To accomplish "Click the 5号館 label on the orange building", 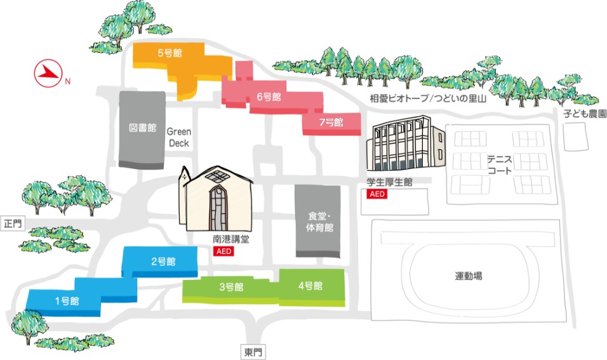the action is (169, 53).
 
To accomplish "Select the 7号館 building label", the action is (331, 121).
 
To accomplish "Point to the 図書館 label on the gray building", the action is (142, 128).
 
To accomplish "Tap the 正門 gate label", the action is (12, 223).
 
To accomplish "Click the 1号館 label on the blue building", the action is (66, 301).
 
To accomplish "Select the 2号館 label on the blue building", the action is (163, 261).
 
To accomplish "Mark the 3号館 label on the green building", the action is (231, 287).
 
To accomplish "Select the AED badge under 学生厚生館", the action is (377, 194).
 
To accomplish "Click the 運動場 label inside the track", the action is (468, 276).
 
